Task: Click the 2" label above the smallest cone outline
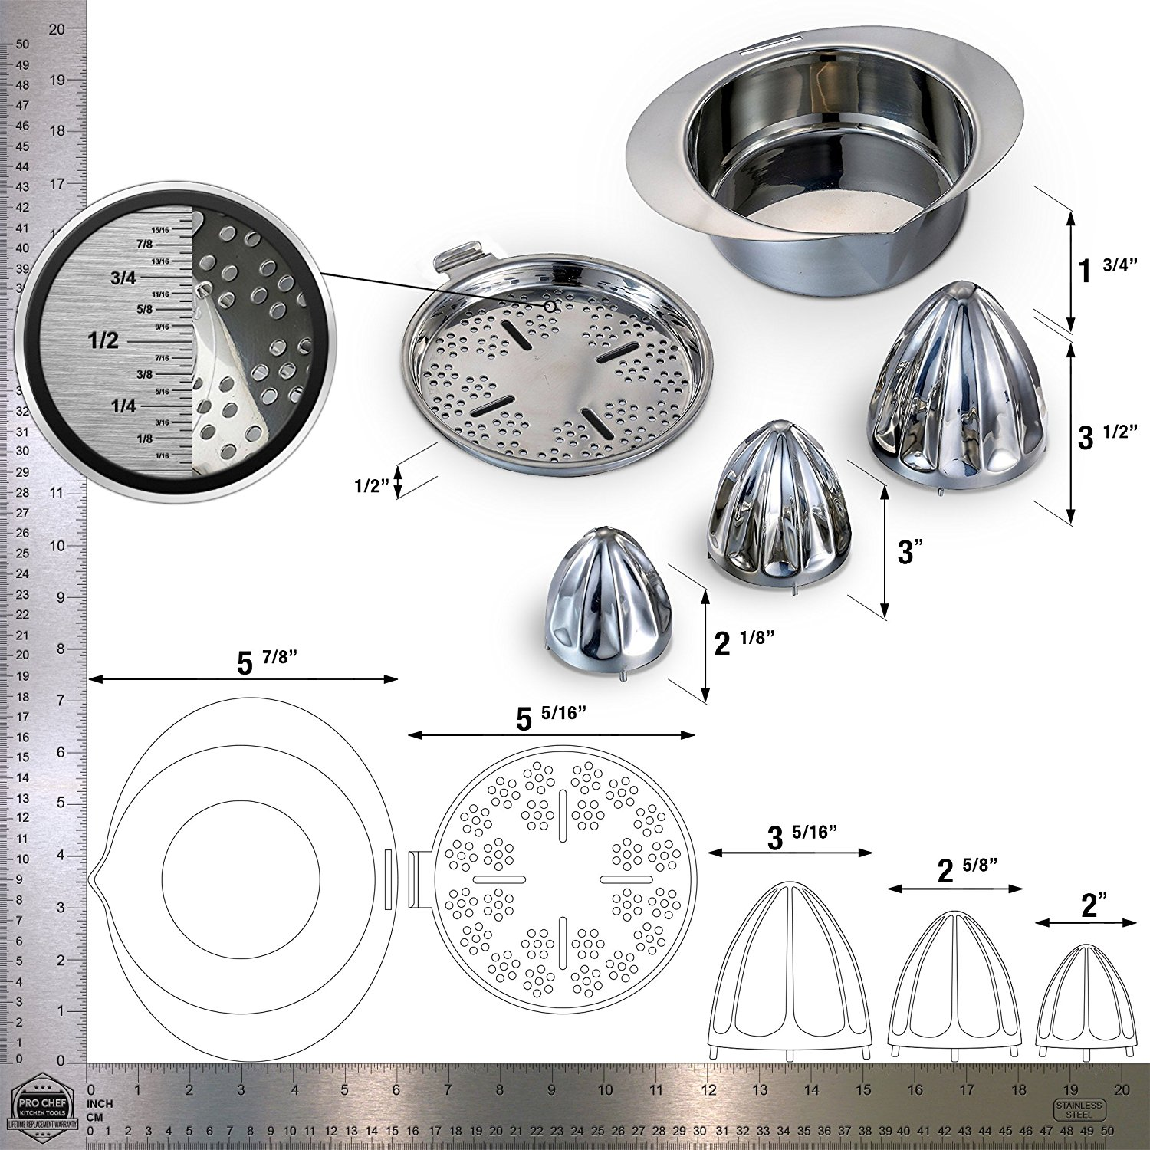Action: point(1088,907)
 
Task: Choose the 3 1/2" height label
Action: point(1104,435)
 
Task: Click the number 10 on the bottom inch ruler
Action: point(605,1089)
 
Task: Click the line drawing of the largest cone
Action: point(790,970)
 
